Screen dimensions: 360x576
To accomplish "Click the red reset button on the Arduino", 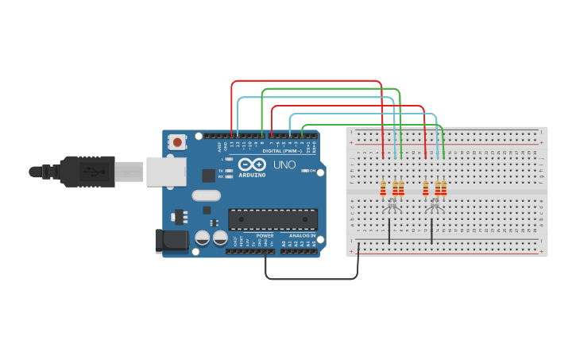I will [x=177, y=142].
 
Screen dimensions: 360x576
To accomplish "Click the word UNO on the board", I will [x=284, y=165].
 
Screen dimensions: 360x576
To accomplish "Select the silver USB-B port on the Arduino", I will [x=165, y=171].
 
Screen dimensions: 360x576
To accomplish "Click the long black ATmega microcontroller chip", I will [x=273, y=220].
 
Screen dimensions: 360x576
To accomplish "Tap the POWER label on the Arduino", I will [x=265, y=236].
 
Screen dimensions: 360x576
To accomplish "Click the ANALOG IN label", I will [x=302, y=236].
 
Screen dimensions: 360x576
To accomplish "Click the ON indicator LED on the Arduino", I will [x=303, y=171].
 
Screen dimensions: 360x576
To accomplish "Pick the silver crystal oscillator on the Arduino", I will [x=206, y=195].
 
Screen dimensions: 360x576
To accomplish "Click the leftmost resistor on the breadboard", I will [x=383, y=188].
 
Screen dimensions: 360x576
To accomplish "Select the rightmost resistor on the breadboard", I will [x=443, y=188].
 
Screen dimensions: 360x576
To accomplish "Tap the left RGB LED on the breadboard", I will [x=392, y=206].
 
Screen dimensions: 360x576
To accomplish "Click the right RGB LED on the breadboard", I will [x=434, y=206].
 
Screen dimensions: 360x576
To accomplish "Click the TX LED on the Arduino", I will [x=230, y=171].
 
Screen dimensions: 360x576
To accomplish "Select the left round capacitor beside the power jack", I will [x=203, y=238].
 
